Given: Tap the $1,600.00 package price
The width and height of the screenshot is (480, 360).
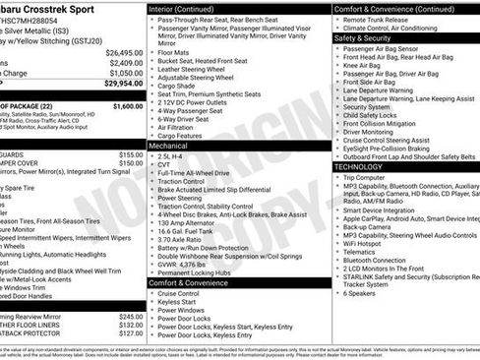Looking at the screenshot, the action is [127, 105].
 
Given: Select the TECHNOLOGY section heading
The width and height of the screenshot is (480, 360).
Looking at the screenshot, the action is [358, 166].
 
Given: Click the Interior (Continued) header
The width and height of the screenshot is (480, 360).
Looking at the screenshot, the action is [188, 8].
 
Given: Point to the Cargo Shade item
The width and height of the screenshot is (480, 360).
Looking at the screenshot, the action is [178, 87].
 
